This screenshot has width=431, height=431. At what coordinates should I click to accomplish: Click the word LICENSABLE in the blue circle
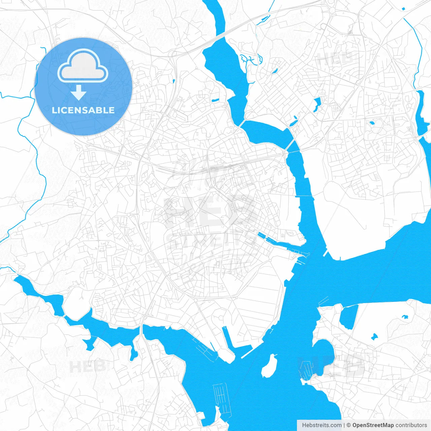pos(83,110)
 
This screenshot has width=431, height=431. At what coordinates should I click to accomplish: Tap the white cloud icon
pos(83,66)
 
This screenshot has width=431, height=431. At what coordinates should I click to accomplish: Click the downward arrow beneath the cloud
pos(79,92)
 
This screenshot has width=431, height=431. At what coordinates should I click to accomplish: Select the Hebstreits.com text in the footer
pos(322,425)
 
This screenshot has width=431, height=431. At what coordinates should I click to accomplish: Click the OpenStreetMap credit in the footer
pos(373,425)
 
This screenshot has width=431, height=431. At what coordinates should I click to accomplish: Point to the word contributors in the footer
pos(411,425)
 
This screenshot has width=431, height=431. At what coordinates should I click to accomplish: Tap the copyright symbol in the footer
pos(349,425)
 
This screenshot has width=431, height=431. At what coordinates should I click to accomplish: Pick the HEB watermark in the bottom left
pos(88,366)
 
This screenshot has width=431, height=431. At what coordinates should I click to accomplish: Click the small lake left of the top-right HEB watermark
pos(317,105)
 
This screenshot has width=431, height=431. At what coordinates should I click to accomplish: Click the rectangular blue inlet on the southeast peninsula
pos(349,317)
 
